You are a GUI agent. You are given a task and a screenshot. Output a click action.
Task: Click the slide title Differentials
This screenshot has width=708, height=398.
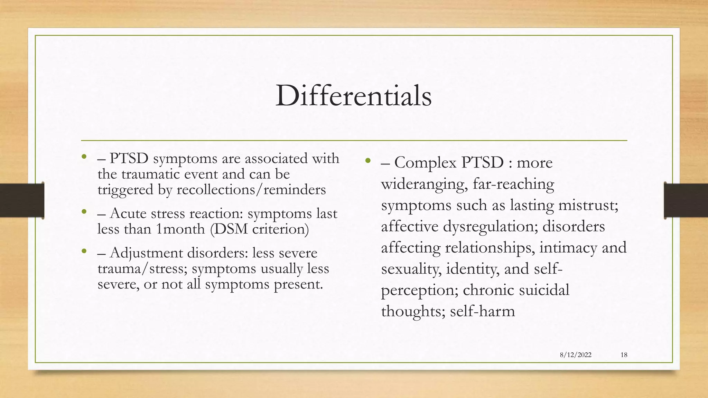353,96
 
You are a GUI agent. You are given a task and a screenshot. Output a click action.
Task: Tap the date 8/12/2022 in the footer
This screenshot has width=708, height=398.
576,355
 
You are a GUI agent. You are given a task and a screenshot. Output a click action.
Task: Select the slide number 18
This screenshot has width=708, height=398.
624,355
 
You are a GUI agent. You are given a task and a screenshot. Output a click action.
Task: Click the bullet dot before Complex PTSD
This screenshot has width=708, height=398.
368,161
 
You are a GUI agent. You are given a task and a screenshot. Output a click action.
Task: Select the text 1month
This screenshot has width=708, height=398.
180,229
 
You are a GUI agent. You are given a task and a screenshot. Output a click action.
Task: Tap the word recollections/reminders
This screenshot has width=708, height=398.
251,189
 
